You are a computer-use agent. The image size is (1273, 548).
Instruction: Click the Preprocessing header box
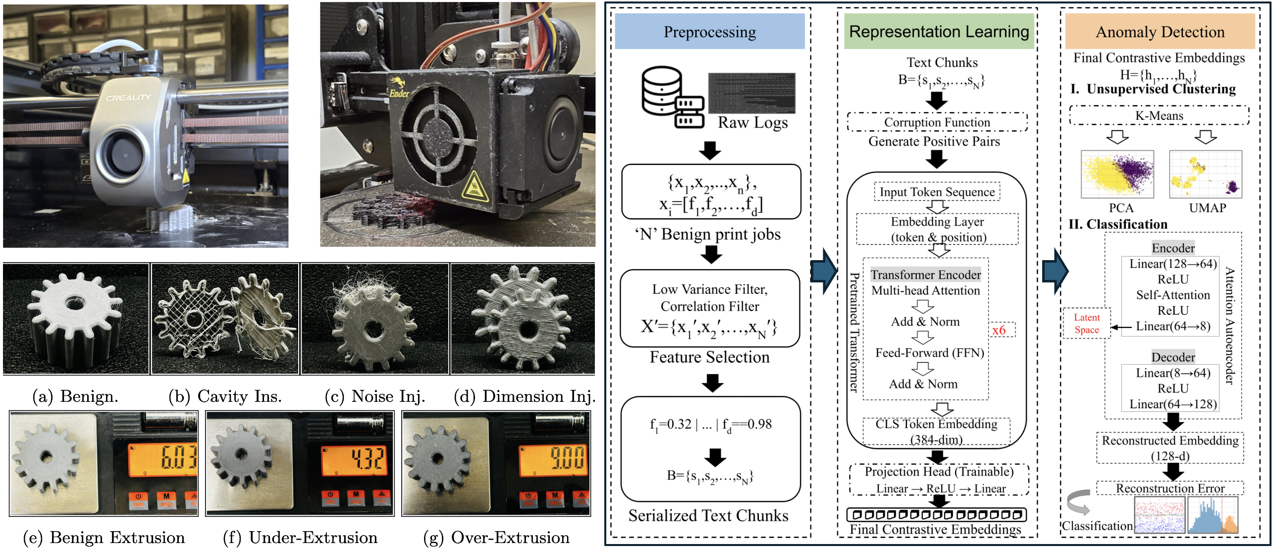pos(709,32)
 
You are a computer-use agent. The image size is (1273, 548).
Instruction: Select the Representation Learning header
pos(939,32)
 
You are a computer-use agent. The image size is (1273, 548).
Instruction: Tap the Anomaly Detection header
pos(1160,32)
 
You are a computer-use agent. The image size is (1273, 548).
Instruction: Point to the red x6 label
pos(999,330)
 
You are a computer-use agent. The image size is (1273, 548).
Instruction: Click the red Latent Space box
pos(1087,324)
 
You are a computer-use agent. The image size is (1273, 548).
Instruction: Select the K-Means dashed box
pos(1159,116)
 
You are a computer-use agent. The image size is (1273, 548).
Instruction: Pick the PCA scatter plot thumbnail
pos(1117,174)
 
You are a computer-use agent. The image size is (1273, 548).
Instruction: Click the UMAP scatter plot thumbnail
pos(1205,174)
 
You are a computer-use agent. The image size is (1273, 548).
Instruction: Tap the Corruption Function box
pos(937,122)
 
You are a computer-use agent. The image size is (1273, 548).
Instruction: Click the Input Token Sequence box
pos(937,192)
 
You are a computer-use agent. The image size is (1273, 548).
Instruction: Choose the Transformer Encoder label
pos(926,275)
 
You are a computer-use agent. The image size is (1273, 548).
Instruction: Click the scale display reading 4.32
pos(354,459)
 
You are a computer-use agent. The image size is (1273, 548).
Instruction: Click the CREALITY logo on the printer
pos(128,98)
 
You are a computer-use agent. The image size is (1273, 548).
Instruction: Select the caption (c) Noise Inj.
pos(375,396)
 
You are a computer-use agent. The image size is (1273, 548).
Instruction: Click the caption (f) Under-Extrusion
pos(300,538)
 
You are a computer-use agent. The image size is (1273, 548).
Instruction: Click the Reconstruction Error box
pos(1169,488)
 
